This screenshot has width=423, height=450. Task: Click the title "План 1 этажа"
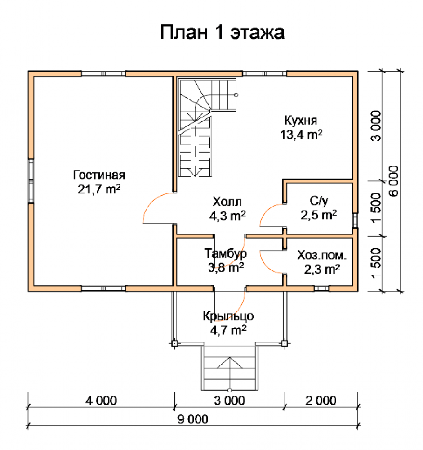point(222,32)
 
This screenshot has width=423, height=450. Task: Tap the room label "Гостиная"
point(99,175)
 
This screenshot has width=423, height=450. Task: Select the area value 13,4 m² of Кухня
point(301,134)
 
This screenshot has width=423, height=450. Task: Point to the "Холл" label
point(227,202)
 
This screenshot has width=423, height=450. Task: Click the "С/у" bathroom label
point(319,201)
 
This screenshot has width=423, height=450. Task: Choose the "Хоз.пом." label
point(322,255)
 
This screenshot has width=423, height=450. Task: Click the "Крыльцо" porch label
point(228,316)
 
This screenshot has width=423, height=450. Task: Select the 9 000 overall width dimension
point(193,419)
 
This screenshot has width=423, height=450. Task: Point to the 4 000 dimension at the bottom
point(101,400)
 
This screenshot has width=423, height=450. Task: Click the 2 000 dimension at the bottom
point(321,400)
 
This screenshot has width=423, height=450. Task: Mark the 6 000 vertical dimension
point(394,181)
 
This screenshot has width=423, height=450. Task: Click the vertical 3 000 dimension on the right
point(376,126)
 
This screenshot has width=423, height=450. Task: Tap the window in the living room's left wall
point(31,181)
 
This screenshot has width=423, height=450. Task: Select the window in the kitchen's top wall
point(264,74)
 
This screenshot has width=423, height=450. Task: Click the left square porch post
point(174,343)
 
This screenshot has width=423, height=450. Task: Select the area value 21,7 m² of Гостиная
point(99,189)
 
